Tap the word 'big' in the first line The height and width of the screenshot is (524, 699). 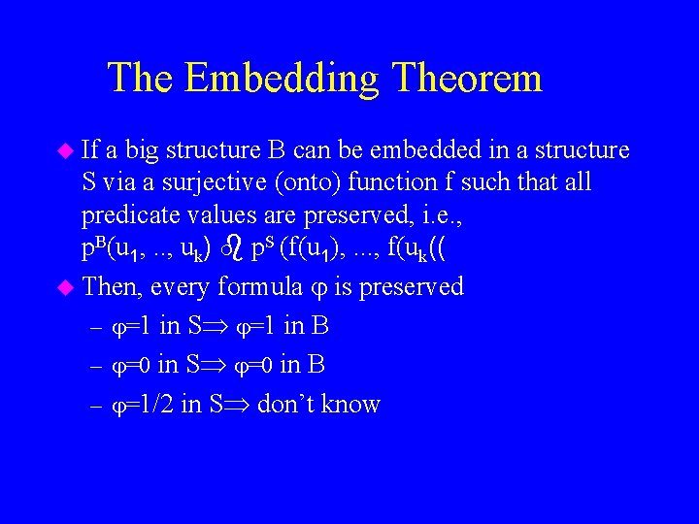[142, 151]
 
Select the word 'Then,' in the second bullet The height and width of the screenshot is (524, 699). [113, 287]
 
